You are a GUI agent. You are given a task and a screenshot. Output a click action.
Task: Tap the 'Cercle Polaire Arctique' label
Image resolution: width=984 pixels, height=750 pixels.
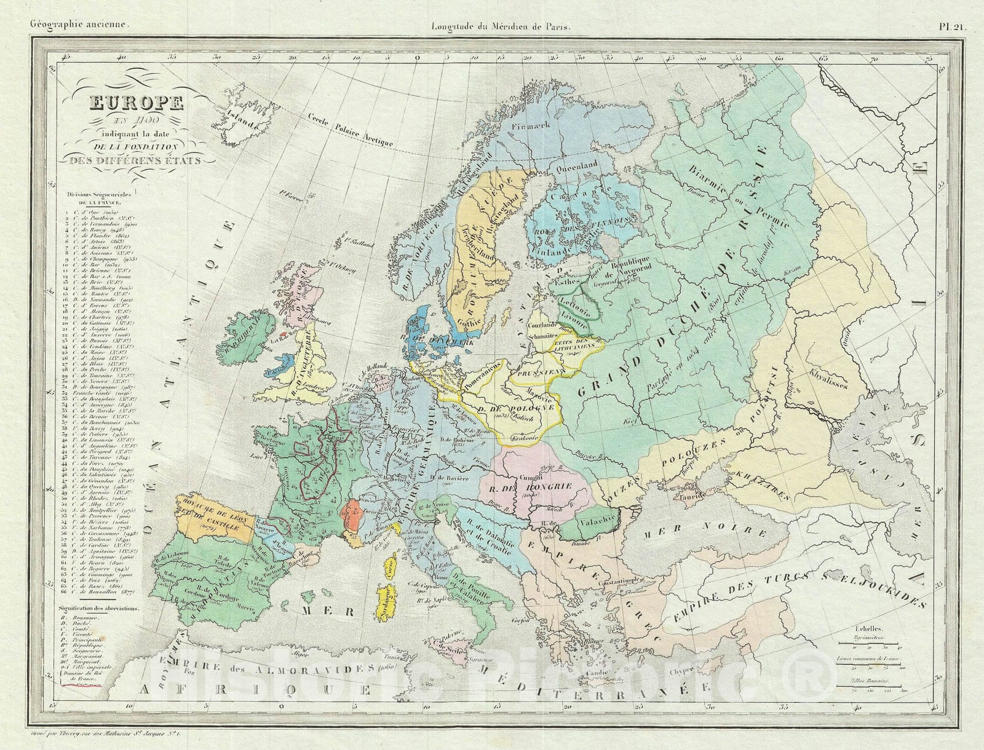pos(351,130)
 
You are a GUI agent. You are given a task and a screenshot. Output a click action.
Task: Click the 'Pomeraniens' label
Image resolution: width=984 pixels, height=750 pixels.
pos(484,375)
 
